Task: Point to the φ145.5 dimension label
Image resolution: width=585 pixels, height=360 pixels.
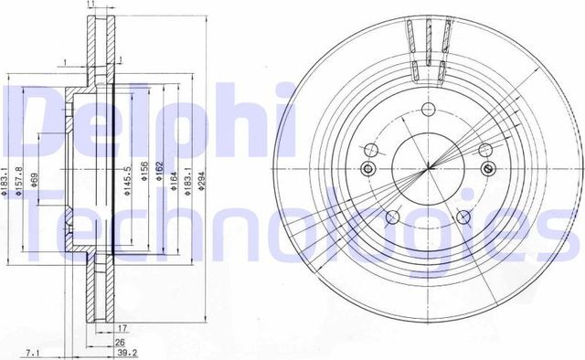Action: [x=126, y=177]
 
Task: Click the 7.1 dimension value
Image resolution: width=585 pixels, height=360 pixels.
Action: [x=32, y=351]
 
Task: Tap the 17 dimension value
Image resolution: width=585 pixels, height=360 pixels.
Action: [x=121, y=327]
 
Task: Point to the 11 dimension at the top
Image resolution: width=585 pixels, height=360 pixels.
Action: [x=90, y=6]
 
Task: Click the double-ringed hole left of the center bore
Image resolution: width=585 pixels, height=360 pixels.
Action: [x=368, y=167]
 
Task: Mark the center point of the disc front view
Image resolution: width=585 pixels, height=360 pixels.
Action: [x=428, y=170]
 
